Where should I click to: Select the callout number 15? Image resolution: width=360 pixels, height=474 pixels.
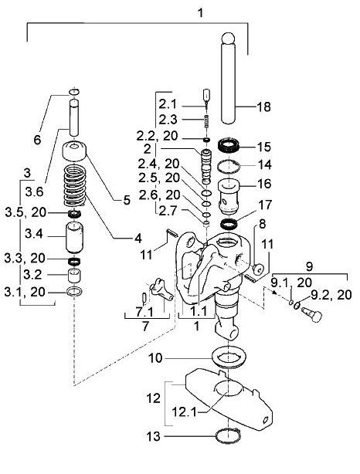[x=263, y=147]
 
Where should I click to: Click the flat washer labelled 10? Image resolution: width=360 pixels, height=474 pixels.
[x=229, y=357]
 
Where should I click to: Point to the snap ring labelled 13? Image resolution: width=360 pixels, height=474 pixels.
[x=229, y=436]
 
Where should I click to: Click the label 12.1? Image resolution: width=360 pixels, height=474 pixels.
[x=184, y=411]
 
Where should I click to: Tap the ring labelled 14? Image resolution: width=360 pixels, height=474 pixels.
[x=229, y=167]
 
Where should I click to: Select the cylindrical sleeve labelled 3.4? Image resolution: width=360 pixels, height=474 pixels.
[x=74, y=237]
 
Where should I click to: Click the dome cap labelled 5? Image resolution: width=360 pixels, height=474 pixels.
[x=74, y=151]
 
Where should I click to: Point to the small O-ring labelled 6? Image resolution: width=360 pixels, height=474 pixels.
[x=74, y=91]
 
